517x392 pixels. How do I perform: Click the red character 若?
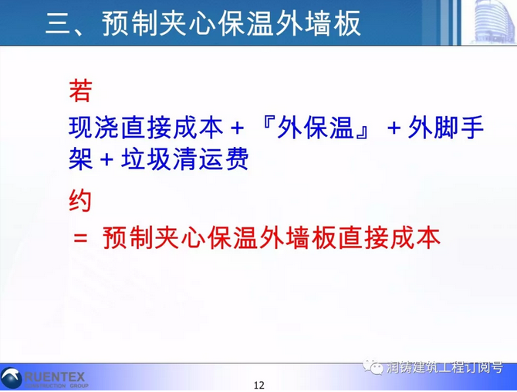(x=80, y=90)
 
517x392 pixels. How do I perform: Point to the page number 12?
(x=258, y=385)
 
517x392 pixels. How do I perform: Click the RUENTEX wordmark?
(x=55, y=377)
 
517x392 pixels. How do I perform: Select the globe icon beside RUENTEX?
(x=12, y=378)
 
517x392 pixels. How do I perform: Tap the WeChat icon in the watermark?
(x=373, y=366)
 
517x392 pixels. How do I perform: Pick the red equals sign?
(x=80, y=237)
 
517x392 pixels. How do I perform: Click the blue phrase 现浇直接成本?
(x=146, y=127)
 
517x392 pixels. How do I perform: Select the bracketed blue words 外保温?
(x=315, y=127)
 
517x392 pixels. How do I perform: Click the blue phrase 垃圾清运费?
(x=184, y=159)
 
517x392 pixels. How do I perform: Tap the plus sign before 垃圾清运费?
(x=106, y=160)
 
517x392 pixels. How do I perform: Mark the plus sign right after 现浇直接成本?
(x=237, y=128)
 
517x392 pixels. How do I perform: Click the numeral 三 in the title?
(x=59, y=23)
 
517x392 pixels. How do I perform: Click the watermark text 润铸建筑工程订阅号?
(x=444, y=367)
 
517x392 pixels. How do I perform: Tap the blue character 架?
(x=80, y=159)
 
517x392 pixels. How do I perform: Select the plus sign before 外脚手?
(x=394, y=128)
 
